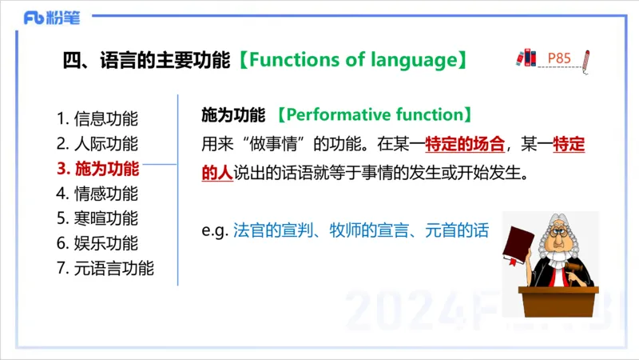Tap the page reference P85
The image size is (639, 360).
[559, 58]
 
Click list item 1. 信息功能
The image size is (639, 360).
[97, 119]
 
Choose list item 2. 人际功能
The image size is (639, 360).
[97, 144]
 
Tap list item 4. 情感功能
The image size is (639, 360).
[97, 194]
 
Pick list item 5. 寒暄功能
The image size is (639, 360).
[97, 218]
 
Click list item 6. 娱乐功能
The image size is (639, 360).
[97, 243]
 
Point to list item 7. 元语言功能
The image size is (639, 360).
[105, 268]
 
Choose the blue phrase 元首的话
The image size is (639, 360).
[451, 230]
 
